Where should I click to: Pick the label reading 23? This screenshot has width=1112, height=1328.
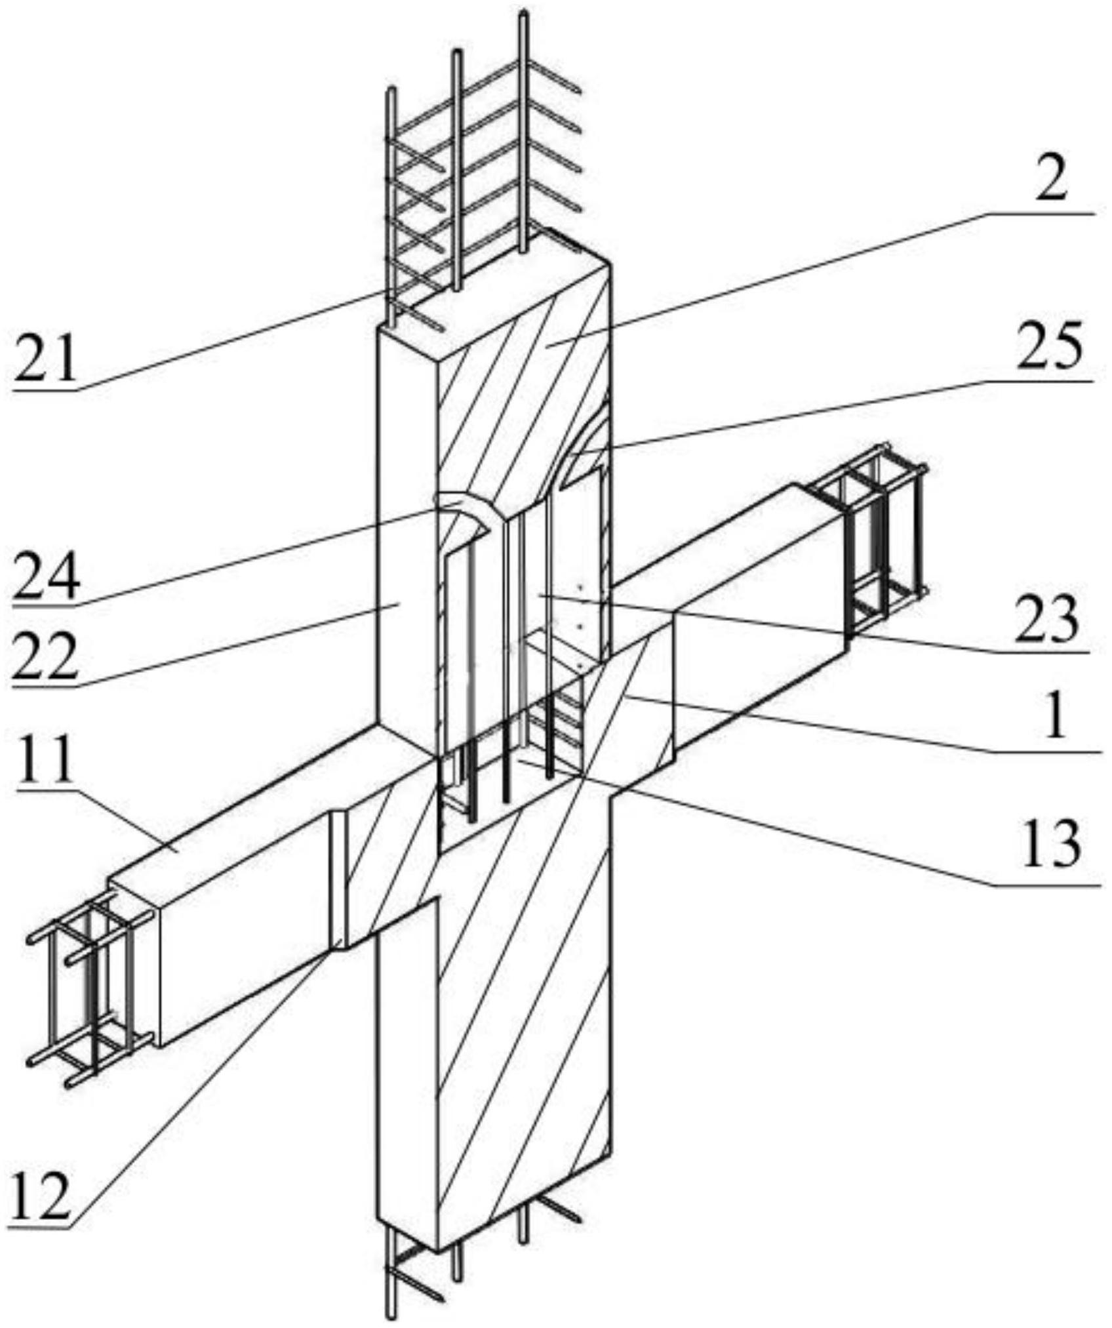click(x=1046, y=618)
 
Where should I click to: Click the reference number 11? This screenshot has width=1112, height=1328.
click(x=46, y=759)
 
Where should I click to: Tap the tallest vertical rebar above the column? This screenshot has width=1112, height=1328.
click(x=523, y=132)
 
